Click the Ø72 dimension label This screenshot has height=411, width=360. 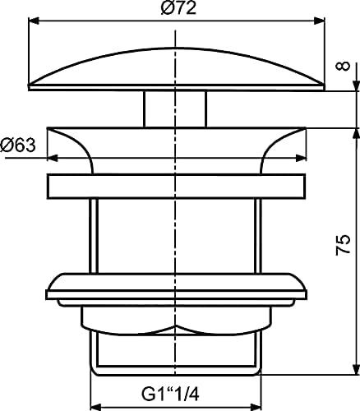176,8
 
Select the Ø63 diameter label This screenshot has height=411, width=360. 19,146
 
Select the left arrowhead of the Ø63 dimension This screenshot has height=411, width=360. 51,158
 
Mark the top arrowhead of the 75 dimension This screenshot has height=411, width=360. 354,131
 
